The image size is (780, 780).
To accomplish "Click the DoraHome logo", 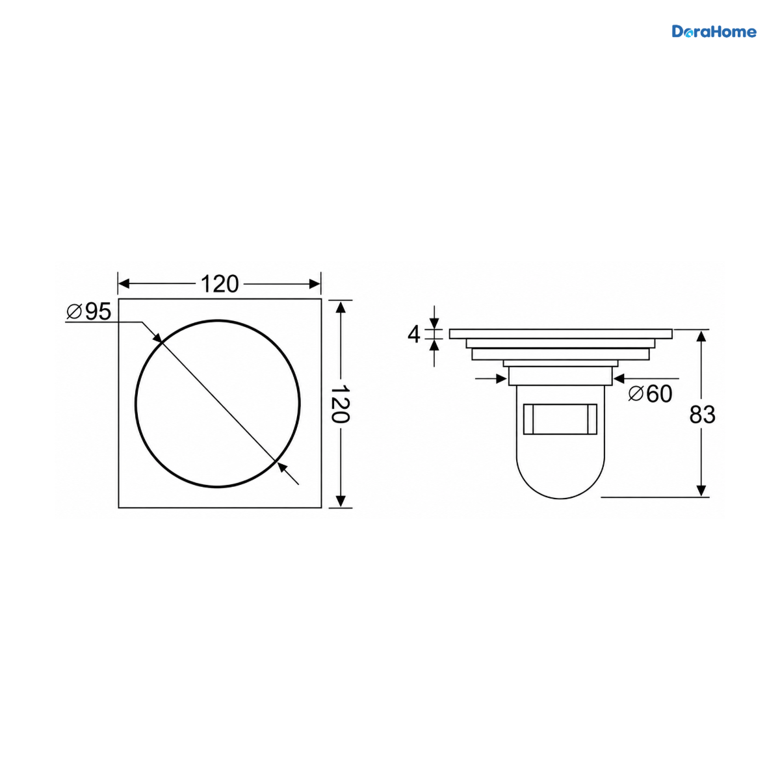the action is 714,32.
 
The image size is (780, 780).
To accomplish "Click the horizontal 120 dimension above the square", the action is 220,284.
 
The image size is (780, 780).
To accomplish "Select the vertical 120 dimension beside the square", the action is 341,404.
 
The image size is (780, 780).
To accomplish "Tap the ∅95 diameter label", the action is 88,311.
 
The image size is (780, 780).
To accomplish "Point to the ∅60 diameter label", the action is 651,393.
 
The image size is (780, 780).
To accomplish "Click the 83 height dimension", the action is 702,415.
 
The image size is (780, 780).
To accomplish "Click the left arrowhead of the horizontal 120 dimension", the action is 123,284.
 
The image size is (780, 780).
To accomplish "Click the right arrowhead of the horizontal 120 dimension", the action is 315,284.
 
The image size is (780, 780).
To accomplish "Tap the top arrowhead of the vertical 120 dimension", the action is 341,306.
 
